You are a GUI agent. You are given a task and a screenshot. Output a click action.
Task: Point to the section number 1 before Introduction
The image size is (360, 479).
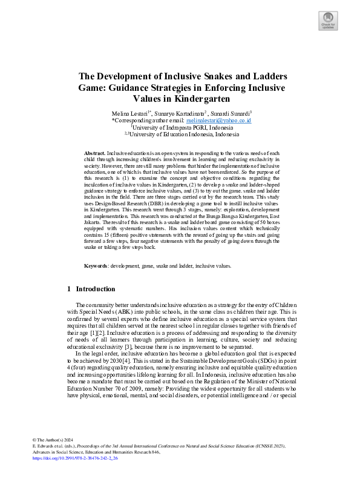click(70, 289)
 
